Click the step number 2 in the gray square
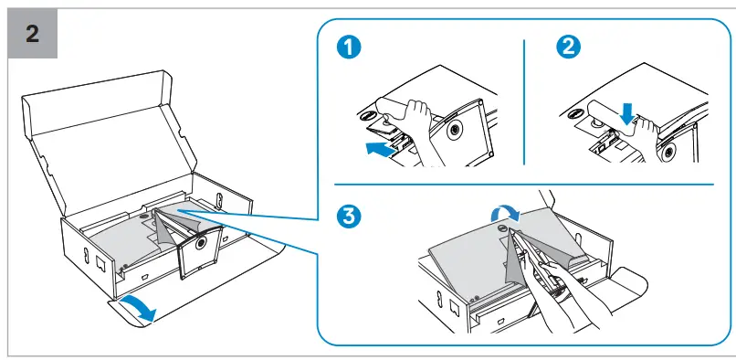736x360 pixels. pos(32,34)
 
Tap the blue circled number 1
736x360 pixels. pos(349,48)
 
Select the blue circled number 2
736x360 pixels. pos(568,47)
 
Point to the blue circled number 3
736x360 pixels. pos(349,217)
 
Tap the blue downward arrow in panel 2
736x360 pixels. pos(628,115)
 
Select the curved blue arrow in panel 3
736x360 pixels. pos(505,214)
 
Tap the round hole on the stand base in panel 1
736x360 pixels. pos(455,130)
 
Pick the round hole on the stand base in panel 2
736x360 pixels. pos(668,151)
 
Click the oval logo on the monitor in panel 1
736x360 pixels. pos(367,115)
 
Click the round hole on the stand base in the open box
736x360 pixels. pos(201,242)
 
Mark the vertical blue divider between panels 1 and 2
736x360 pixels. pos(524,102)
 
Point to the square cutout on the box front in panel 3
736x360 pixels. pos(455,307)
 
